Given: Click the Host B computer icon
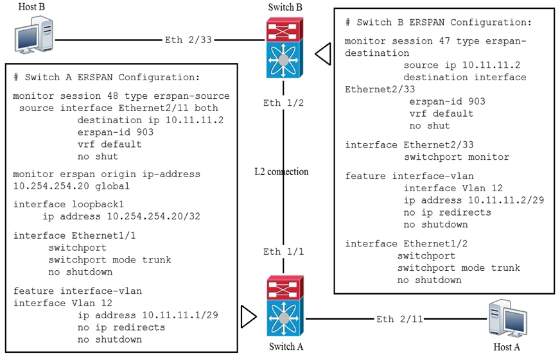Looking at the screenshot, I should (36, 36).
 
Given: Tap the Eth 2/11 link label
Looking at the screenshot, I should (399, 319).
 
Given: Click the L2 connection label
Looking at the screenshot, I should (281, 171).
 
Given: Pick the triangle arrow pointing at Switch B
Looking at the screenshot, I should (323, 54).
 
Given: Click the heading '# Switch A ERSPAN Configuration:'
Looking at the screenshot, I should (107, 77).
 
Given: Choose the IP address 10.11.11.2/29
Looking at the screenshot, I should (474, 200).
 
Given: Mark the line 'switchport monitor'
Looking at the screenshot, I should (456, 157).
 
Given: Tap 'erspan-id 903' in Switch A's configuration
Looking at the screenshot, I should (115, 132).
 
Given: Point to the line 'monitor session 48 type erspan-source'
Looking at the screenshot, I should (121, 96).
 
